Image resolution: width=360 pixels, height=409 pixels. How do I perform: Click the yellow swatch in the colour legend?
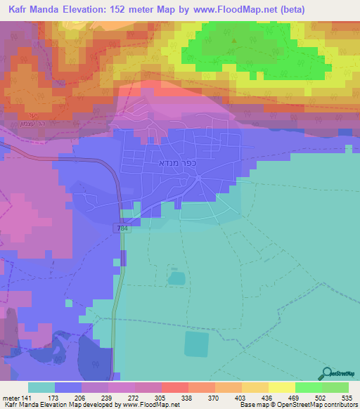pyautogui.click(x=282, y=387)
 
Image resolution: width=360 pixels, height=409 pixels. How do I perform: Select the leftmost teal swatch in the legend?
pyautogui.click(x=41, y=387)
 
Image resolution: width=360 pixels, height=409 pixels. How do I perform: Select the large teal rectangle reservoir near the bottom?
pyautogui.click(x=196, y=344)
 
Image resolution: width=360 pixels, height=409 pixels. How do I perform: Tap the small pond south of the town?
pyautogui.click(x=176, y=278)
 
